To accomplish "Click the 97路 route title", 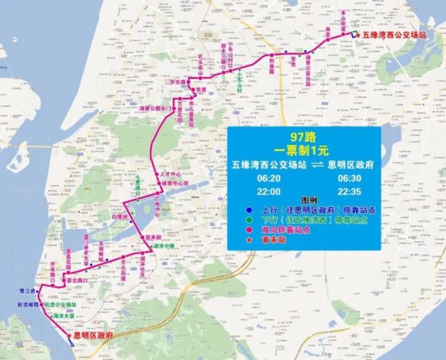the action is pos(302,137).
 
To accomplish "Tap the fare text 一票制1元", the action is pos(302,150).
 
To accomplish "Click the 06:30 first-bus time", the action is pos(348,176).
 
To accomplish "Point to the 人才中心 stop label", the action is pos(171,175).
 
